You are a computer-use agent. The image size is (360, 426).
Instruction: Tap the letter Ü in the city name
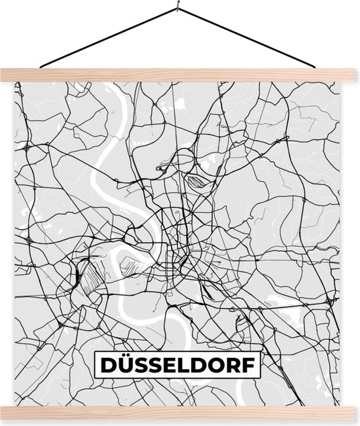[125, 365]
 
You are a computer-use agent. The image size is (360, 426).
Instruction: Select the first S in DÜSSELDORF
[142, 365]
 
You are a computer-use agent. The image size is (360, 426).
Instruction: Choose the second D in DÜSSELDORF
[202, 365]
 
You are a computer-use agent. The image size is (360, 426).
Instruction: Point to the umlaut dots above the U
[125, 356]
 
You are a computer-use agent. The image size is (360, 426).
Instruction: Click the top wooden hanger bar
[180, 74]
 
